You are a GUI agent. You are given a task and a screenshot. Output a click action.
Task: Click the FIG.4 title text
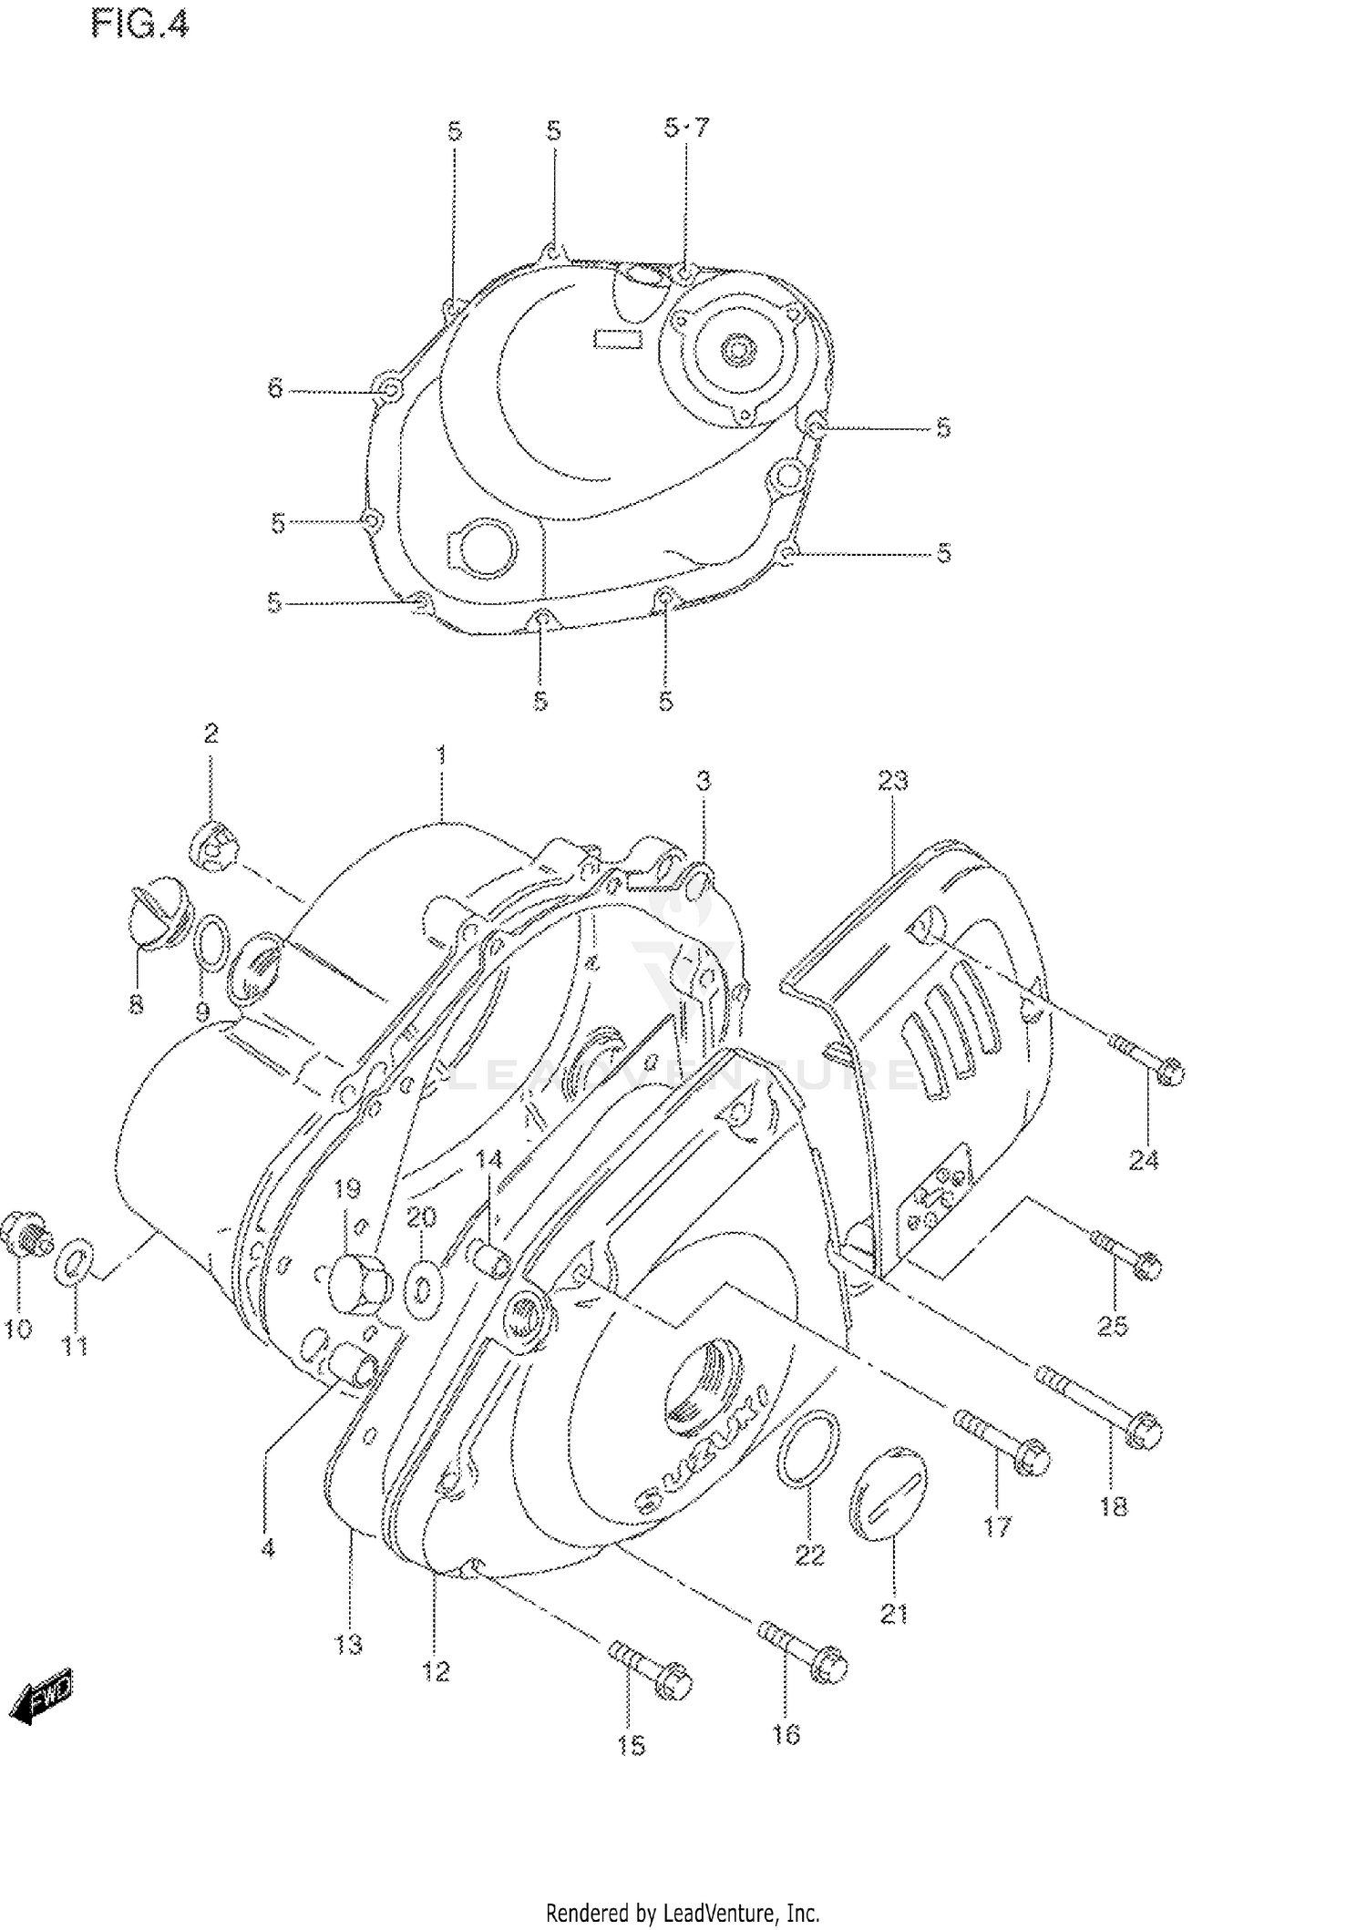coord(139,25)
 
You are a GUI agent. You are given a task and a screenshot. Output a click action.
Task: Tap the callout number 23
coord(893,780)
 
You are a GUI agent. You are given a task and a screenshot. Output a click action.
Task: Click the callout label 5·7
coord(685,128)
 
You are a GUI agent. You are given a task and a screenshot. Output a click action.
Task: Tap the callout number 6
coord(275,389)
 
